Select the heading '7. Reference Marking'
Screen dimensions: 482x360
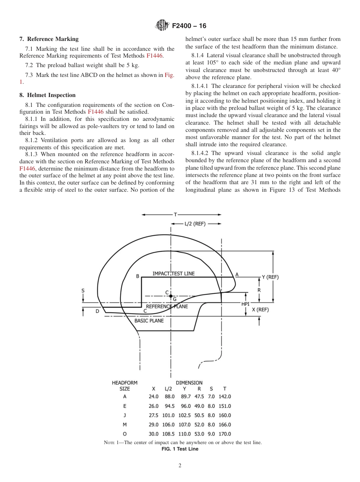pyautogui.click(x=49, y=39)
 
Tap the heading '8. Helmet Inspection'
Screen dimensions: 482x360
pyautogui.click(x=47, y=95)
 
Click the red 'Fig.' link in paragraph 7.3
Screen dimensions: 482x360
pyautogui.click(x=169, y=75)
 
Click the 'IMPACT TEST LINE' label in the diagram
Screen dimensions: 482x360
pyautogui.click(x=174, y=274)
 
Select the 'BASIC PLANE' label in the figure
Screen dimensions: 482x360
pyautogui.click(x=149, y=321)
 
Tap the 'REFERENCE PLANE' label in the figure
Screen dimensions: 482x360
pyautogui.click(x=167, y=307)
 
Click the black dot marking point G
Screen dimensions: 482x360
pyautogui.click(x=171, y=296)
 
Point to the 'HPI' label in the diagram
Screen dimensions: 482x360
pyautogui.click(x=246, y=304)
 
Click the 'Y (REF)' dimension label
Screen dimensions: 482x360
pyautogui.click(x=270, y=277)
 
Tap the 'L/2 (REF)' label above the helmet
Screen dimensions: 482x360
pyautogui.click(x=195, y=224)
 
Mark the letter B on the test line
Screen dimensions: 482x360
pyautogui.click(x=138, y=276)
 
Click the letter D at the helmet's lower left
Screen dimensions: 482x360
pyautogui.click(x=97, y=311)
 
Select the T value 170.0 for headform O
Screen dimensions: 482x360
pyautogui.click(x=224, y=434)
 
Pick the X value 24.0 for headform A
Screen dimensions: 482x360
pyautogui.click(x=153, y=396)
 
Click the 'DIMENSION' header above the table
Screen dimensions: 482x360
pyautogui.click(x=189, y=383)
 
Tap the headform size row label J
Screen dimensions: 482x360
pyautogui.click(x=125, y=415)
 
